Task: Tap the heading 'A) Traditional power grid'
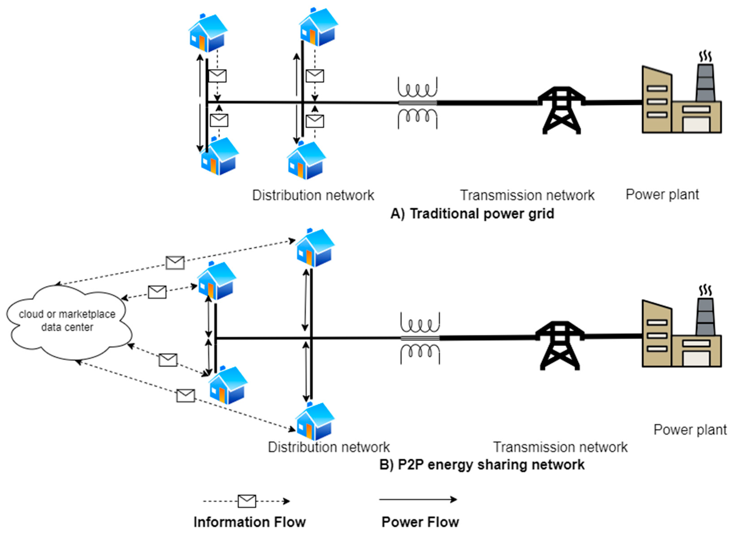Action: (x=472, y=214)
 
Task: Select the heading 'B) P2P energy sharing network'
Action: (x=482, y=465)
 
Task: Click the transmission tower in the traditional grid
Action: (x=561, y=110)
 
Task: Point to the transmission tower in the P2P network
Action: (x=560, y=345)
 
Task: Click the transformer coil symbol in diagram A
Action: (x=417, y=103)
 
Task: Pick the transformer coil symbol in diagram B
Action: (x=420, y=338)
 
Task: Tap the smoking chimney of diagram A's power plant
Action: (x=705, y=81)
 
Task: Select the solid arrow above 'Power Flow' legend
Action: (x=418, y=499)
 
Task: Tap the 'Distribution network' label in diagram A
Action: (x=313, y=195)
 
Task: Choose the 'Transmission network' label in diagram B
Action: (x=560, y=447)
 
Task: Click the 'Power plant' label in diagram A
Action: (x=662, y=194)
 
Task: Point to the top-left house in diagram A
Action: (x=208, y=32)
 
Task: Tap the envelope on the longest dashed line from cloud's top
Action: (x=175, y=263)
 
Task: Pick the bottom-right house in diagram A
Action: (x=306, y=161)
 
